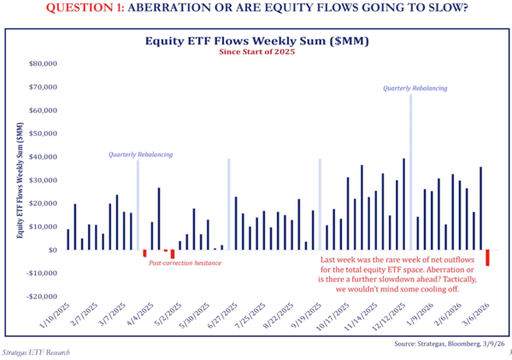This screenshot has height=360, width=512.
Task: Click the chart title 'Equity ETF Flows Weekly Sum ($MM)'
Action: tap(256, 39)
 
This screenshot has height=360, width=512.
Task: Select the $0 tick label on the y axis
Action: tap(48, 251)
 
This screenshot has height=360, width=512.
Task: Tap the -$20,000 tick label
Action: tap(37, 297)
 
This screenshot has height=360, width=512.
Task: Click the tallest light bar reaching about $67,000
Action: tap(410, 171)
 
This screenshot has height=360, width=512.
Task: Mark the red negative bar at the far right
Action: tap(488, 257)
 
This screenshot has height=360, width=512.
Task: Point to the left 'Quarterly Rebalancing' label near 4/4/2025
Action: tap(140, 155)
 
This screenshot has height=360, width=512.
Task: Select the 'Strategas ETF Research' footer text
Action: tap(35, 352)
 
